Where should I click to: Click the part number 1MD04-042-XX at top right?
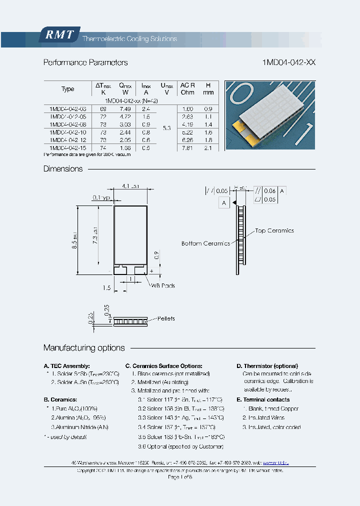[288, 62]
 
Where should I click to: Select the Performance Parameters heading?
[85, 62]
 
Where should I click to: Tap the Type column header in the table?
[67, 89]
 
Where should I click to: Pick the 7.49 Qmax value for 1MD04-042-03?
[125, 108]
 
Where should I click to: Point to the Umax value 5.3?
[166, 128]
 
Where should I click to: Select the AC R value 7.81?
[187, 148]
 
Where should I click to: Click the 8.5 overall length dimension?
[74, 240]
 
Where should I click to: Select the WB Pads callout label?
[163, 285]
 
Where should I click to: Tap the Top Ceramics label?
[274, 230]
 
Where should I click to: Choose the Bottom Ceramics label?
[205, 243]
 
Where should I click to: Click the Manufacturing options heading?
[84, 347]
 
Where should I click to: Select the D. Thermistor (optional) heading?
[267, 366]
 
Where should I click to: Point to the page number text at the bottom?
[180, 477]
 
